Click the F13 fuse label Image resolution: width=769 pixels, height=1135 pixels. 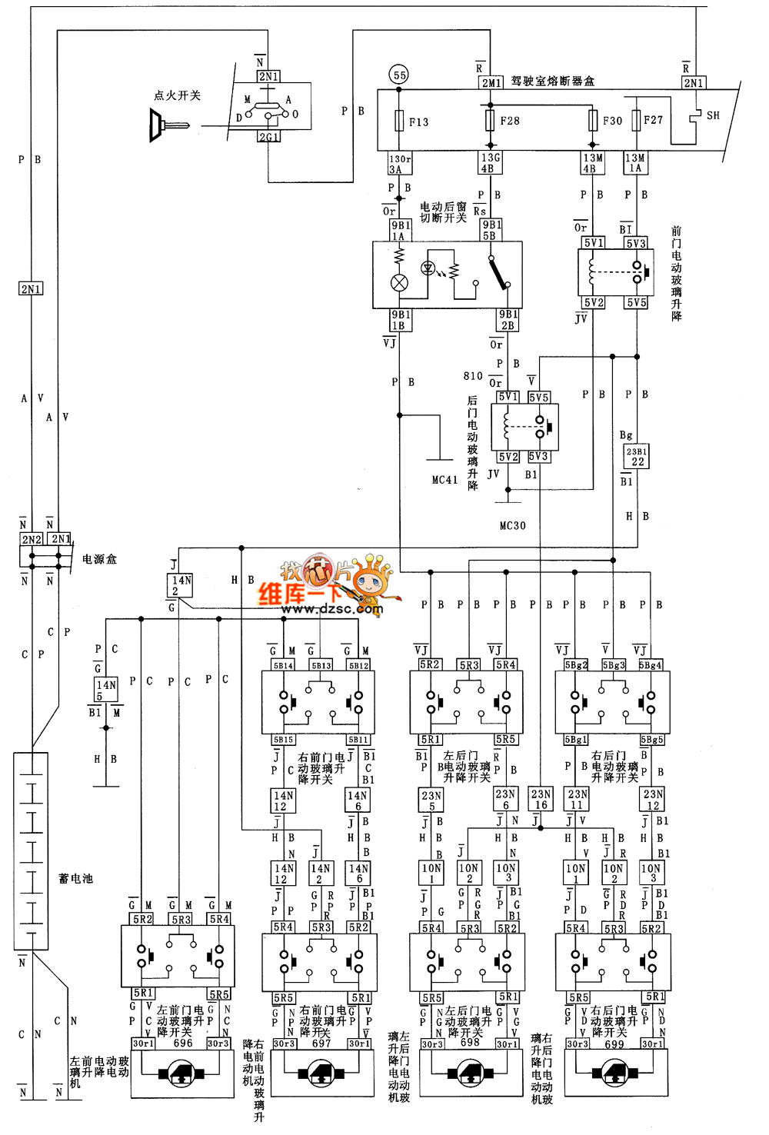pos(418,122)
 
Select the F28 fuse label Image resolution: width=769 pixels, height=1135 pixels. pos(510,121)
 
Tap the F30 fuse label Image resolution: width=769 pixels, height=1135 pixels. pos(612,121)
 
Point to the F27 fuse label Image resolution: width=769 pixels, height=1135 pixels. pos(653,120)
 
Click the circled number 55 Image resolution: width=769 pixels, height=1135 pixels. pos(399,75)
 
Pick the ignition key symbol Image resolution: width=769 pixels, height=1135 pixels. pos(168,125)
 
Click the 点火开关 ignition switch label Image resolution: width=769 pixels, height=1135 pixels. pos(177,95)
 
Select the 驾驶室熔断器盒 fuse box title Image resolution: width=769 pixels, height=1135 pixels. pos(552,81)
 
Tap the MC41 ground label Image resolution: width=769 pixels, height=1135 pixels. pos(444,480)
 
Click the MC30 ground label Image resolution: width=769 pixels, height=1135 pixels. pos(512,526)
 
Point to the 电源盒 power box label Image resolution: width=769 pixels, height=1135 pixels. pos(99,559)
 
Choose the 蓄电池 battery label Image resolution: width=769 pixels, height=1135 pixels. pos(75,878)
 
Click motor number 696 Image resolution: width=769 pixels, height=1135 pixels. pos(183,1043)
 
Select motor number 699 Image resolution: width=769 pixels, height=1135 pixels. pos(614,1044)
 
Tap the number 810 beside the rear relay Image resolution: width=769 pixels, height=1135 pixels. pos(473,376)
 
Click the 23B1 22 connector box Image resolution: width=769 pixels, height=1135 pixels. pos(636,457)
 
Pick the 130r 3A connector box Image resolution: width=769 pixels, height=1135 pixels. pos(400,164)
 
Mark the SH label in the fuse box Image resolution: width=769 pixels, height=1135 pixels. pos(713,115)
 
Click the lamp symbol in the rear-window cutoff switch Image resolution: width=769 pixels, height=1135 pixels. pos(399,282)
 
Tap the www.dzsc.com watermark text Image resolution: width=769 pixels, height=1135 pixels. pos(331,609)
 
